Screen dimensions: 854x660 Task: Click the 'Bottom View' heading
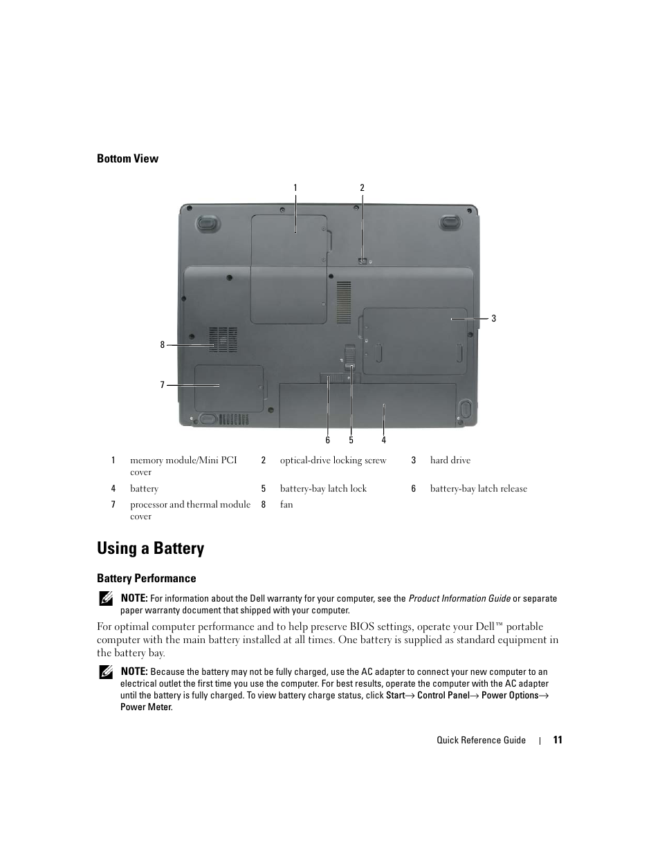point(127,158)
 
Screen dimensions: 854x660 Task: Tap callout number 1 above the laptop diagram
point(295,187)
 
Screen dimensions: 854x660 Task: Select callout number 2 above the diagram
point(362,187)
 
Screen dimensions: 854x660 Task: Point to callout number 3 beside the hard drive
point(494,319)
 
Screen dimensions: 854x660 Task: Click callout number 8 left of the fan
point(163,344)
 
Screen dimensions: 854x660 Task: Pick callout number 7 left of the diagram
point(163,384)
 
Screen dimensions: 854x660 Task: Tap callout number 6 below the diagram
point(328,440)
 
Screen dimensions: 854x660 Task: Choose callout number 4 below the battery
point(384,440)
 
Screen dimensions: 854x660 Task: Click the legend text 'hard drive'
point(450,461)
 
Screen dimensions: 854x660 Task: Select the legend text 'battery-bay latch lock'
point(323,489)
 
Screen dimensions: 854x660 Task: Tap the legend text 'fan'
point(286,505)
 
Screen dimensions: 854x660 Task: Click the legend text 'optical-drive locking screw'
point(333,461)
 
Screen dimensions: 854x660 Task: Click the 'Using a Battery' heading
point(151,548)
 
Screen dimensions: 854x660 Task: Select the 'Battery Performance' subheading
point(147,578)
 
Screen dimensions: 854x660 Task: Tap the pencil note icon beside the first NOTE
point(105,598)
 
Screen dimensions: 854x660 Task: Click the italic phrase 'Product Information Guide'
point(459,599)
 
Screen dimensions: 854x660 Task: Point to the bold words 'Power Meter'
point(145,707)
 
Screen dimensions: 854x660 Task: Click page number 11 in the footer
point(558,740)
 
